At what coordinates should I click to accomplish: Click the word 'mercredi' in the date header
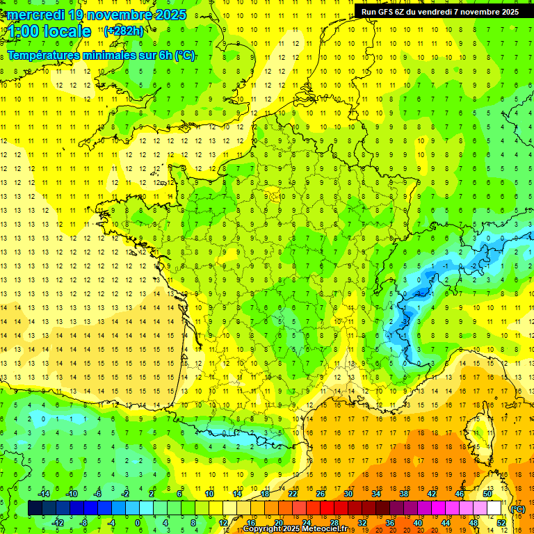coord(35,14)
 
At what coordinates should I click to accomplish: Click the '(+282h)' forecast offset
coord(124,31)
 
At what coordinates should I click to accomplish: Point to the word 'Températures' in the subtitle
coord(47,55)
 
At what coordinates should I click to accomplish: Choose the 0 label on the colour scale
coord(138,523)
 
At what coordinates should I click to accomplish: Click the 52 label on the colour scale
coord(501,523)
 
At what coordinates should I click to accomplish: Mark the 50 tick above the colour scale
coord(487,494)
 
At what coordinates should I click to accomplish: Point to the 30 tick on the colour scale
coord(348,494)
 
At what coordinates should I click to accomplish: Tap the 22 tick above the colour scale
coord(293,494)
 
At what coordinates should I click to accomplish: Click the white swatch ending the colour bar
coord(494,508)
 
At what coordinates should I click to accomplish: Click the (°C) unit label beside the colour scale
coord(518,509)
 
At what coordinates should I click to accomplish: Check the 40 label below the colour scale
coord(418,523)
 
